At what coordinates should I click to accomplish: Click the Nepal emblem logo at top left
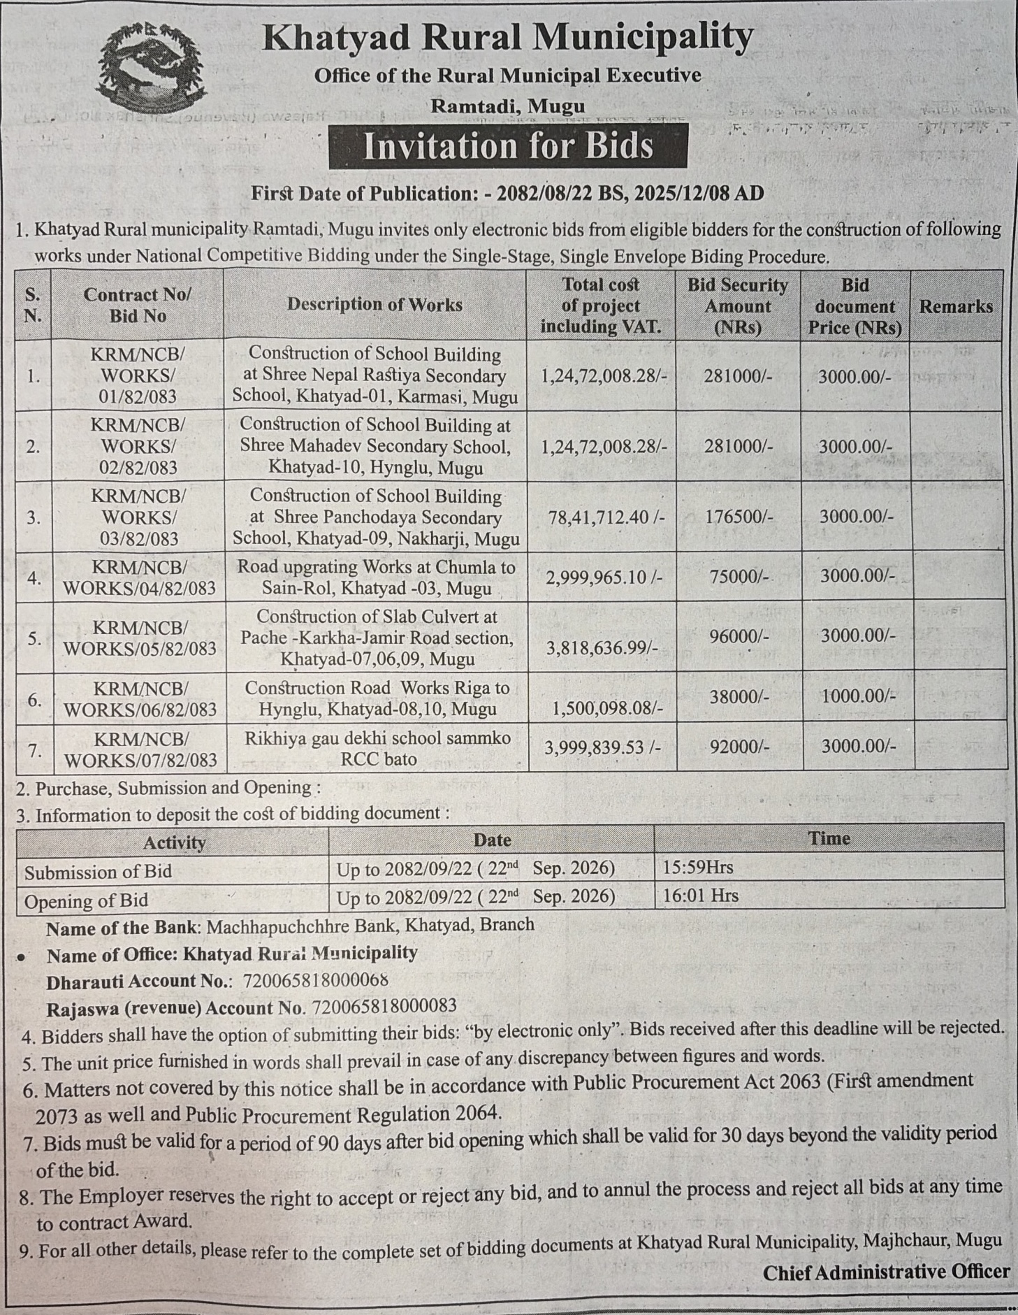153,71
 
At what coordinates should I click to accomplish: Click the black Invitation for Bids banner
508,146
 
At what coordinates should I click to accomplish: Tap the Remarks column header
955,306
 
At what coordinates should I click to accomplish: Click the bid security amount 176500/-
739,517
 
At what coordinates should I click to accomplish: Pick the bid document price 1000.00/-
857,696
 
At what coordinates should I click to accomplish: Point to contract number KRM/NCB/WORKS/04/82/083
140,577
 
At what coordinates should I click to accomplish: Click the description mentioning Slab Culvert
377,638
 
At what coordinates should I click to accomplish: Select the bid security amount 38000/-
739,696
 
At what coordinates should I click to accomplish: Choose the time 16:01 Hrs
700,896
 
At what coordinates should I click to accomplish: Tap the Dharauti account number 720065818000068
315,980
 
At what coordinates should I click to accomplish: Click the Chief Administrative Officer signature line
885,1272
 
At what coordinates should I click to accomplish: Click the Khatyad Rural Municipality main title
508,38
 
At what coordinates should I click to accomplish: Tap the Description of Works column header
375,305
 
